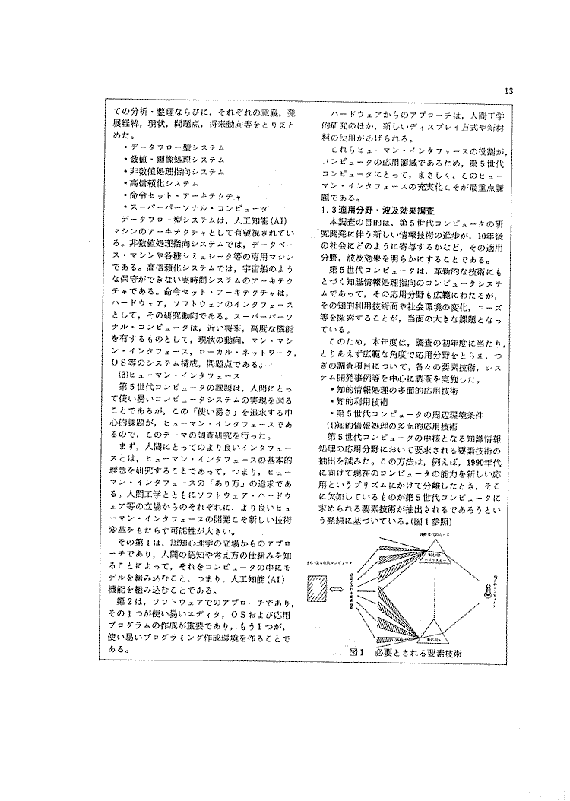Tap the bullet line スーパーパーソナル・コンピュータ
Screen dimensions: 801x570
click(196, 207)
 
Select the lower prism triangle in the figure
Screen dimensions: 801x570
click(433, 626)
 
